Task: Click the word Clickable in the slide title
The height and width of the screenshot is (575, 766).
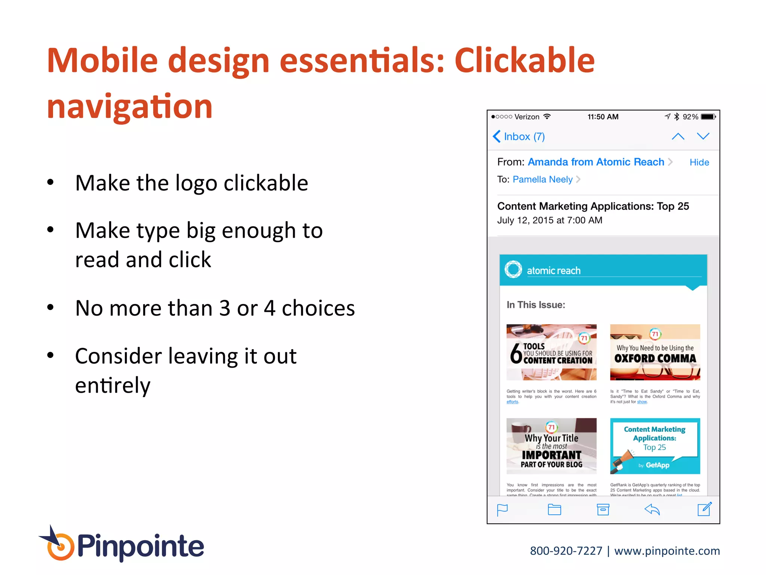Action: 524,61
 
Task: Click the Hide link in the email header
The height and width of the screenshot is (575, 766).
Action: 699,162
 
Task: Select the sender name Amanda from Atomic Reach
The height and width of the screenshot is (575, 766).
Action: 595,162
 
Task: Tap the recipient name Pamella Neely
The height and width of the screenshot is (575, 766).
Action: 542,180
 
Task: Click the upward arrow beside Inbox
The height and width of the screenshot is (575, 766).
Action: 678,137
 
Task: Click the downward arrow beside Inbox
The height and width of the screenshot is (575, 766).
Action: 703,136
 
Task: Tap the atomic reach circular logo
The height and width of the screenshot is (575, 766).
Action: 513,269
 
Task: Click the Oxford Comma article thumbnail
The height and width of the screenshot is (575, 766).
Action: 655,352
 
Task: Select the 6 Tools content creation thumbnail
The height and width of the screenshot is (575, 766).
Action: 551,352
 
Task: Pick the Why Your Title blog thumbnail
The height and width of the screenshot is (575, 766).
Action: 551,446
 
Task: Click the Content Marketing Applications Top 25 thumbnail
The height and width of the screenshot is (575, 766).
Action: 655,446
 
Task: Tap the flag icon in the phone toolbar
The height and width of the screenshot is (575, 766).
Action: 502,510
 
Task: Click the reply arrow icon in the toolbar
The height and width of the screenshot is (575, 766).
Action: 652,509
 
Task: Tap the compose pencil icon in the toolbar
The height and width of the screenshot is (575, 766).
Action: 704,509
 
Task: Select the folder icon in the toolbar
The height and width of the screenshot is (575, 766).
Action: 554,509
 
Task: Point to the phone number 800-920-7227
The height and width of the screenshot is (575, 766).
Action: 566,551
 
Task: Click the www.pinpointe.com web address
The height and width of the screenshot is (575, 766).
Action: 667,551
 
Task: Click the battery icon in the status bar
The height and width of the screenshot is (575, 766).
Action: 708,117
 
